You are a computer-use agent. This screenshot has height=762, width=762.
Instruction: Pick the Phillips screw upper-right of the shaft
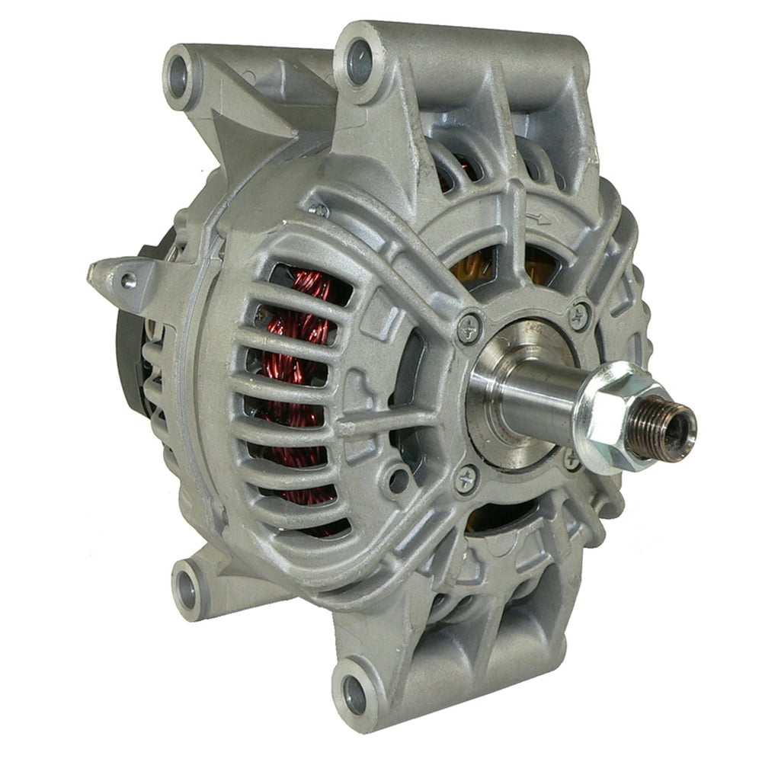(580, 315)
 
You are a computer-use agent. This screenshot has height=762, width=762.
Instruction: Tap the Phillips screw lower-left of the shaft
(467, 479)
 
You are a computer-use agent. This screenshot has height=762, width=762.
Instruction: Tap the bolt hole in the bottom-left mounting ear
(186, 585)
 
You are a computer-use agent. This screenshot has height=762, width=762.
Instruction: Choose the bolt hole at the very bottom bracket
(355, 693)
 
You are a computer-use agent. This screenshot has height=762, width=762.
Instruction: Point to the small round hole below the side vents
(398, 479)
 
